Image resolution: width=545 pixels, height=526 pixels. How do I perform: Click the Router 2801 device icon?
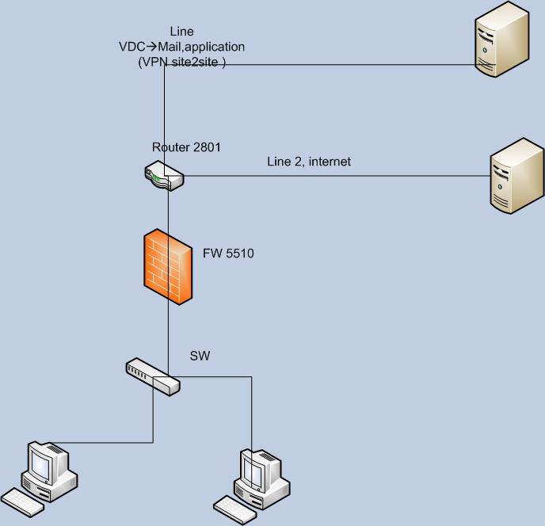coord(164,176)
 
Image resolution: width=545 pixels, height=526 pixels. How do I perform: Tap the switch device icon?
coord(153,376)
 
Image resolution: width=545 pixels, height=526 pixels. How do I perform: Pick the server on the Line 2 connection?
coord(516,176)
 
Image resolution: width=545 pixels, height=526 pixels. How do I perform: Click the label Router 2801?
coord(188,147)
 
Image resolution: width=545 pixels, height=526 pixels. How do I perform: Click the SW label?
coord(199,356)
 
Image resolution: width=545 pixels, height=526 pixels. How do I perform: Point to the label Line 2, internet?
coord(308,162)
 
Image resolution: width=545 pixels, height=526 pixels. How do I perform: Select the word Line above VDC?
coord(181,32)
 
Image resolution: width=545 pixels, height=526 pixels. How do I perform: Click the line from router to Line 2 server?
coord(333,177)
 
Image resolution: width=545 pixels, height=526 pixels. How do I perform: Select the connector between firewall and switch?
coord(168,333)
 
